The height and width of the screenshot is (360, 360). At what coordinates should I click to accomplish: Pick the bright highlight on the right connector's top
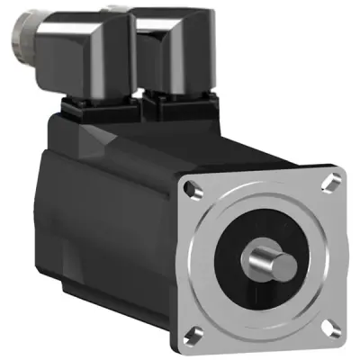point(171,18)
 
